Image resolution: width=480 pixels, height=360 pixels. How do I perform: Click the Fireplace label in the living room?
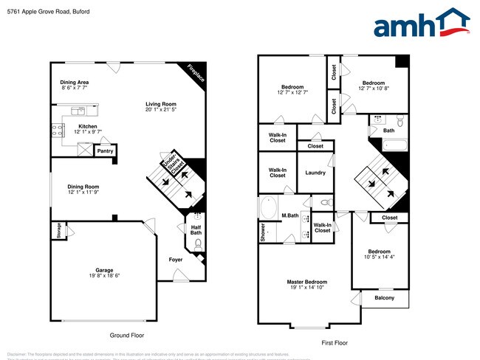click(x=195, y=72)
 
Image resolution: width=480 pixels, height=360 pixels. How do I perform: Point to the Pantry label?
click(x=105, y=152)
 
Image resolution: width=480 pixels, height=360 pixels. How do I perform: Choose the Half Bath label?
click(x=196, y=229)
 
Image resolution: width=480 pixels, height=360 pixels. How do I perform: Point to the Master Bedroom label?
click(x=307, y=282)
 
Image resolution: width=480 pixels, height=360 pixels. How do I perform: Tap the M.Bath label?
click(x=289, y=215)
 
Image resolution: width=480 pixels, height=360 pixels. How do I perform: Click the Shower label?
click(x=262, y=232)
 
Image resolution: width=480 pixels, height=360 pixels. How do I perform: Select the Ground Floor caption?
click(x=127, y=335)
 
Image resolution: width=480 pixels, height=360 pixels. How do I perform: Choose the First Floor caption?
click(x=334, y=343)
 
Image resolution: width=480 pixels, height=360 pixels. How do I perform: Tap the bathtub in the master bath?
click(x=267, y=207)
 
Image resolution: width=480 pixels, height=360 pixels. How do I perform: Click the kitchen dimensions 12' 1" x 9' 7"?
click(x=88, y=132)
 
